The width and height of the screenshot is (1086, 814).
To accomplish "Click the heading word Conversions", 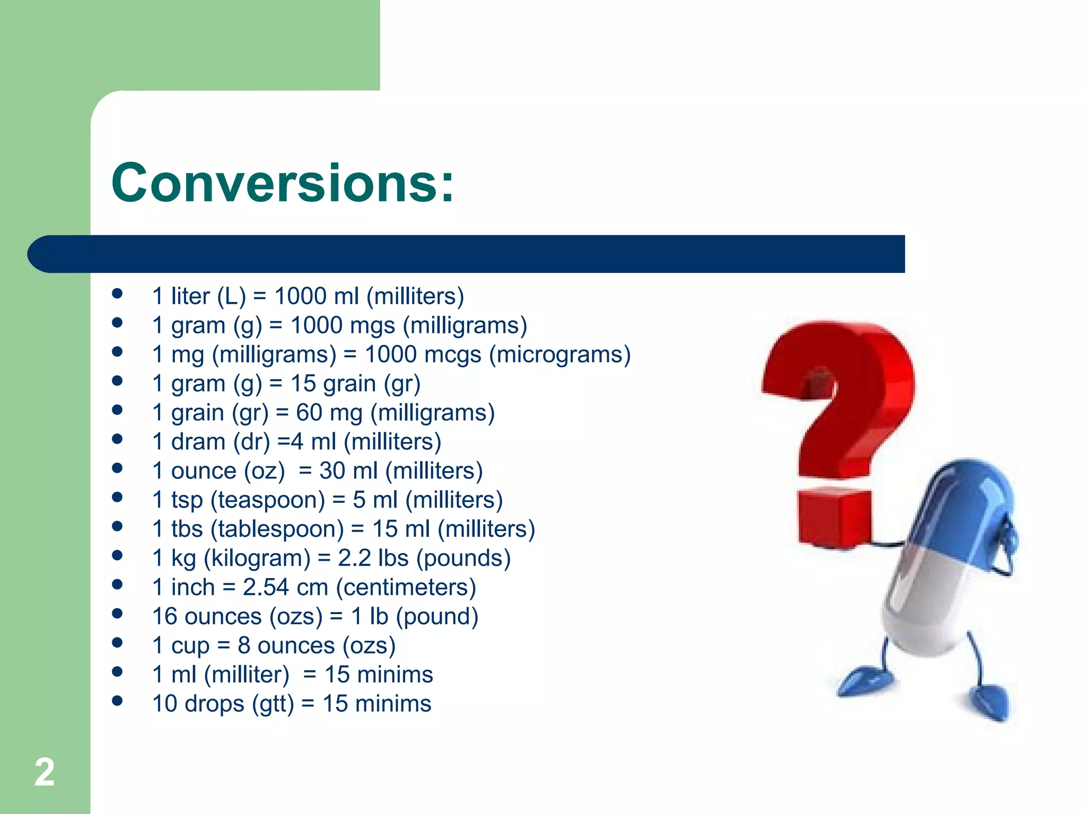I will click(283, 183).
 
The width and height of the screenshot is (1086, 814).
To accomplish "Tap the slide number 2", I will click(45, 772).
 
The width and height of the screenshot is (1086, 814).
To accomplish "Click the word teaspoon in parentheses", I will click(268, 500).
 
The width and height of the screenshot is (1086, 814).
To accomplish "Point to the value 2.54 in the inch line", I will click(266, 587).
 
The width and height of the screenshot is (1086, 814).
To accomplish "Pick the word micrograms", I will click(559, 354).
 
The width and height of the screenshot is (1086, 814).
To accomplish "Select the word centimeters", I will click(406, 587).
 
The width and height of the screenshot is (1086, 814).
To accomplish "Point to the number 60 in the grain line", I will click(309, 412).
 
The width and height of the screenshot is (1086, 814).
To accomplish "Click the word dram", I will click(198, 441).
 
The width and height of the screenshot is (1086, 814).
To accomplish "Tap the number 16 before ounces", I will click(164, 616).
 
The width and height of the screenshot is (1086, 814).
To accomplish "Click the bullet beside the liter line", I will click(117, 294).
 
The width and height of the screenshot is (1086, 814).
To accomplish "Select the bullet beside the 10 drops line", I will click(117, 701).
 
